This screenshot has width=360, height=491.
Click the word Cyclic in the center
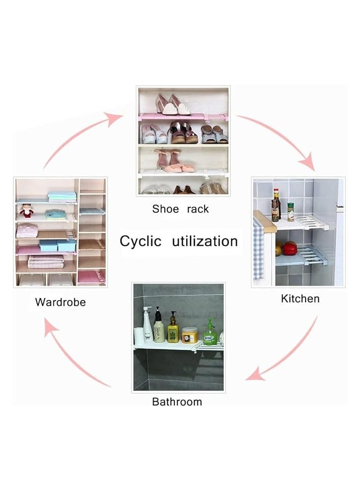coord(140,241)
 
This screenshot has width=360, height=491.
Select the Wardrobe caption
coord(60,302)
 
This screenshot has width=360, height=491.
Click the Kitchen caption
coord(300,298)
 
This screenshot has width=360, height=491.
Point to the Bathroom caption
coord(177,402)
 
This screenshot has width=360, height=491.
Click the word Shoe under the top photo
coord(165,209)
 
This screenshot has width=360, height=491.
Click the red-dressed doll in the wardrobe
coord(27,211)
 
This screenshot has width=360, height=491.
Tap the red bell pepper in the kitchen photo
coord(290,248)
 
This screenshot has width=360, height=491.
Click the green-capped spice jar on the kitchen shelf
coord(290,211)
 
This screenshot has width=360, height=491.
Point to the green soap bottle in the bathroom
coord(210,333)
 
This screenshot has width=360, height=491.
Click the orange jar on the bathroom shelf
coord(190,335)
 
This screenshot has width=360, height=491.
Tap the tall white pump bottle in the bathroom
coord(147,326)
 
